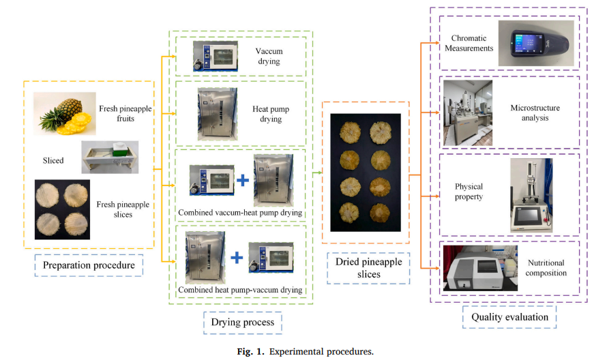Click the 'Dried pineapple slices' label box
coord(366,267)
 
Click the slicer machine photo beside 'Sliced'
coord(110,157)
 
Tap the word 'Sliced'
coord(53,161)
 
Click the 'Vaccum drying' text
coord(269,57)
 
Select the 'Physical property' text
coord(469,192)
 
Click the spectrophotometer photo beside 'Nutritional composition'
coord(480,268)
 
